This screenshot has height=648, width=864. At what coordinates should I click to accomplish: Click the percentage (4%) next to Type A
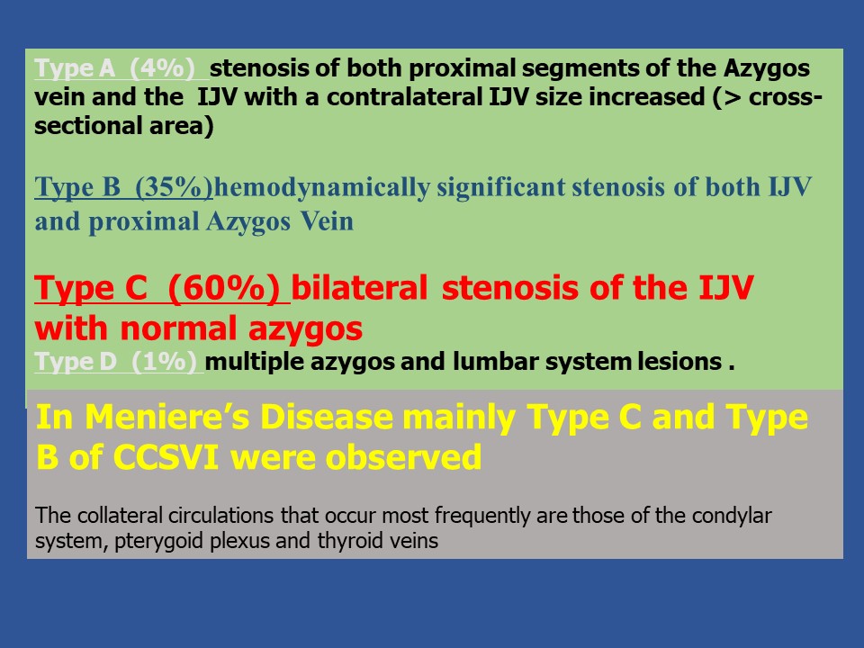[162, 68]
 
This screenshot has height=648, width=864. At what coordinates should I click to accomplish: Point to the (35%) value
[174, 187]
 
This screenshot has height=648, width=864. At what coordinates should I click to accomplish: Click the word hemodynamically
[322, 188]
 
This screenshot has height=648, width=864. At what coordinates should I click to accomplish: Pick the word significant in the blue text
[501, 188]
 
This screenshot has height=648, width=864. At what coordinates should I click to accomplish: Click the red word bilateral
[359, 288]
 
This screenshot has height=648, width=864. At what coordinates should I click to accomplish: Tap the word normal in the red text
[178, 329]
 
